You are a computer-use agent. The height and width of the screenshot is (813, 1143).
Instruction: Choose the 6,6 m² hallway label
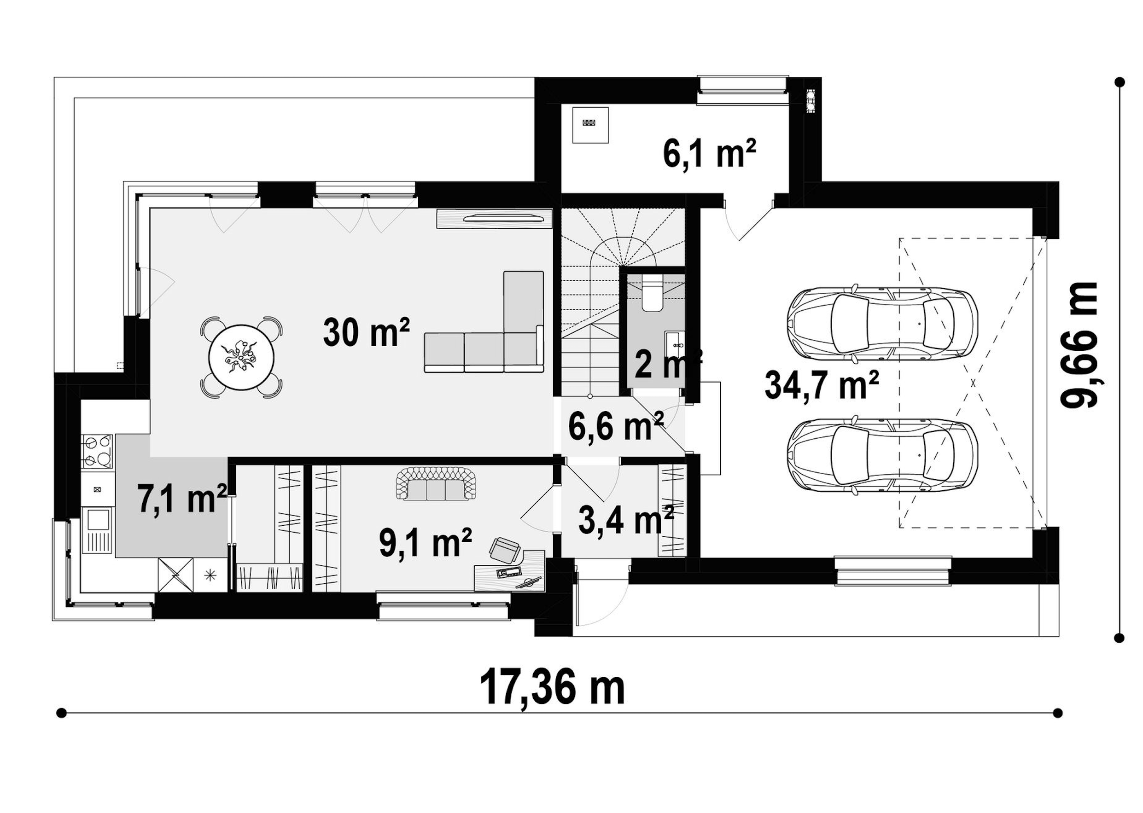[x=616, y=426]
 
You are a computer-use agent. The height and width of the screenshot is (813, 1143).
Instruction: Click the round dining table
[x=241, y=357]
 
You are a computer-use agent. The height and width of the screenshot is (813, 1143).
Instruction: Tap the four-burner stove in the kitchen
[x=98, y=452]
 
